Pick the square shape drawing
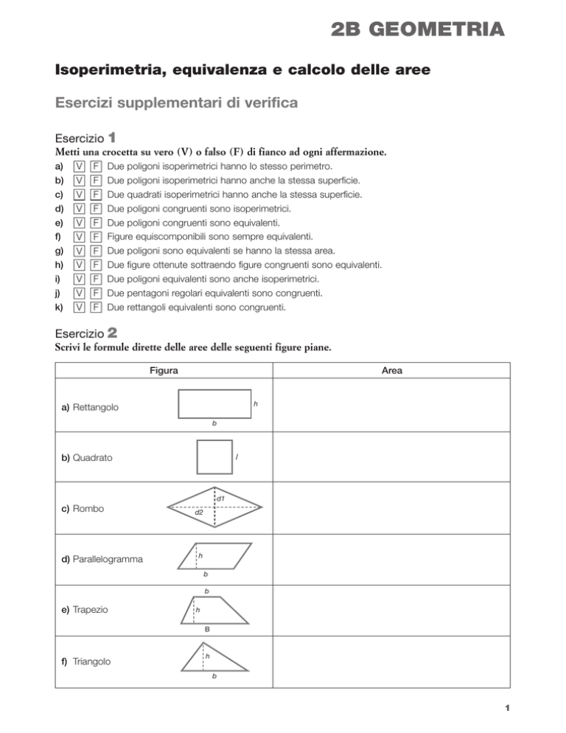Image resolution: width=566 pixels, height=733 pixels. point(215,456)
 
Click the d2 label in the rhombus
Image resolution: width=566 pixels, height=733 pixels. point(199,511)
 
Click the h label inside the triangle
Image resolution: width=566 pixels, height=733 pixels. point(208,655)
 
